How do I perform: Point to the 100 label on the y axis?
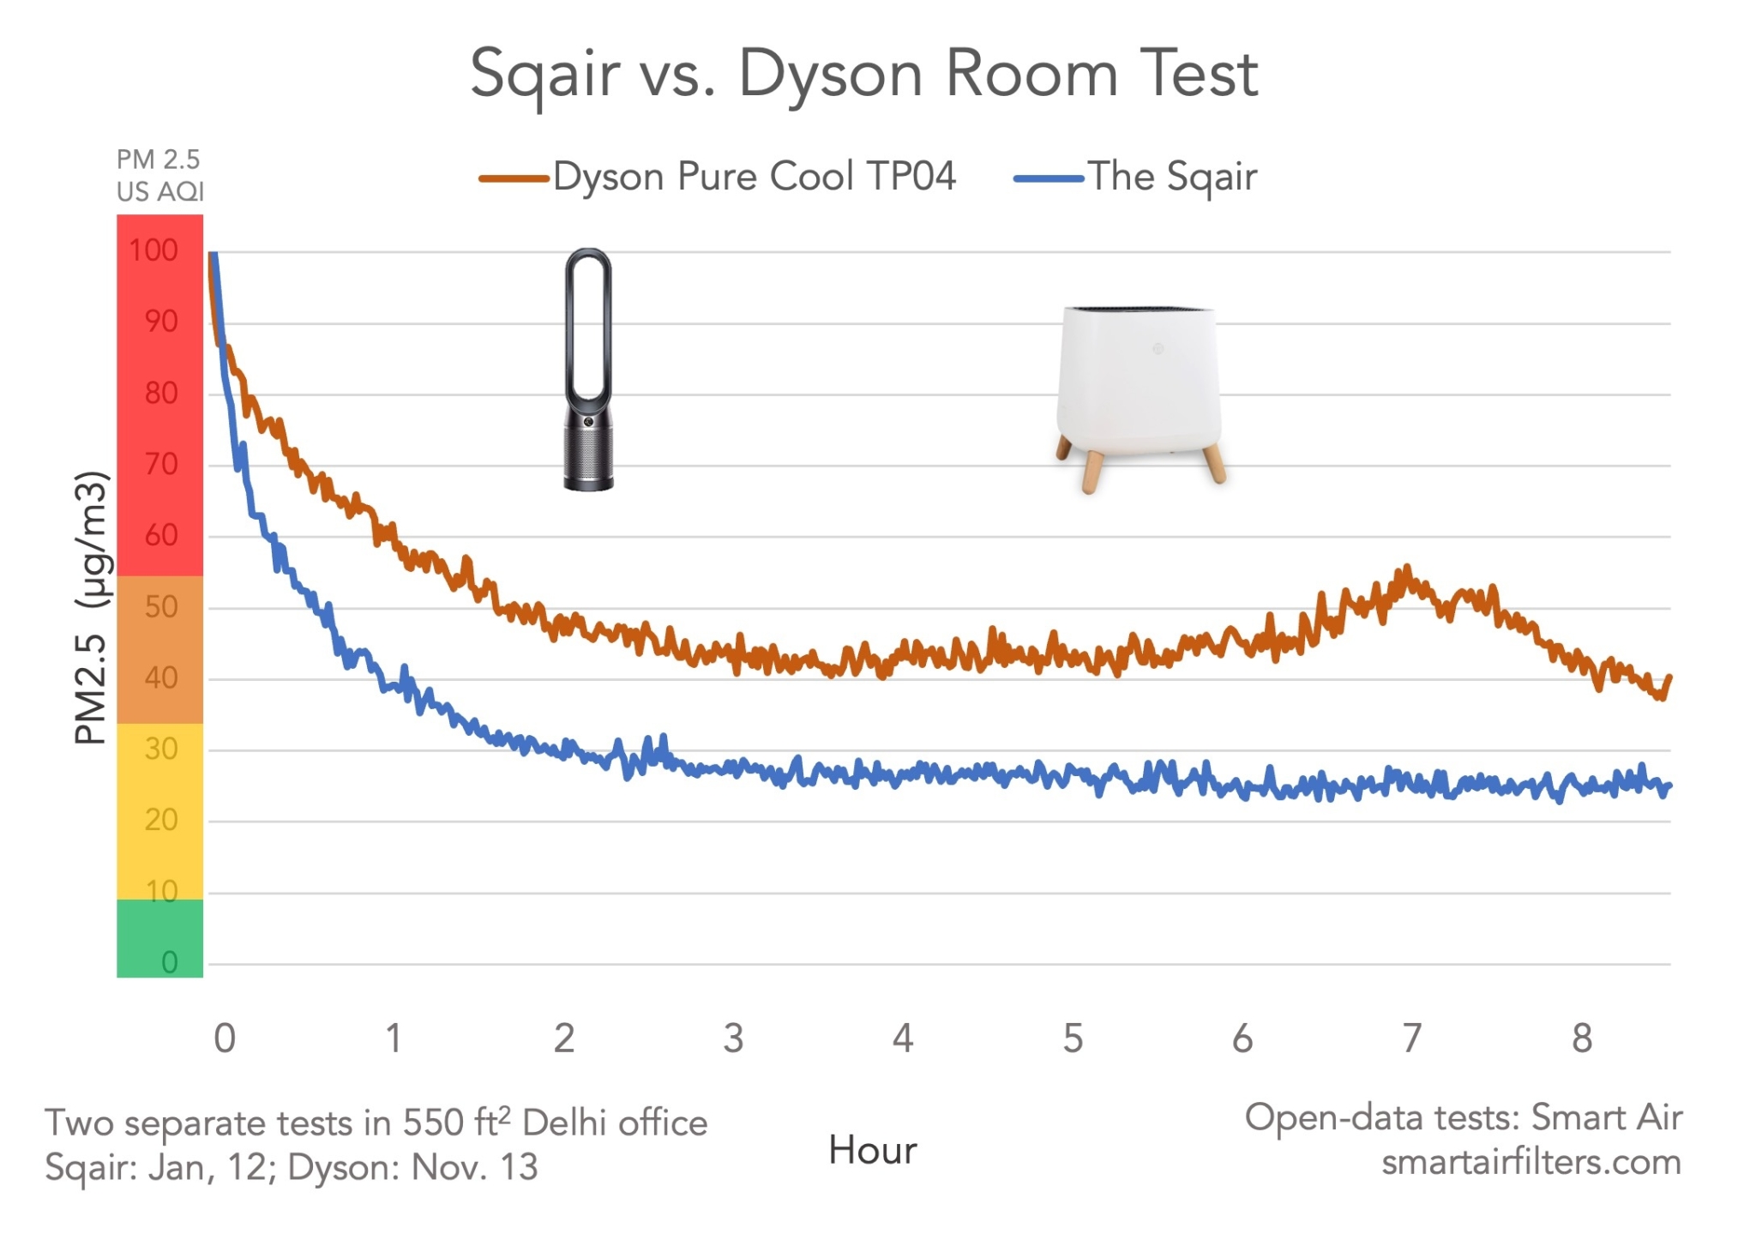153,250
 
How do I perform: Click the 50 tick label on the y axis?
160,607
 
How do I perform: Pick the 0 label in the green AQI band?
169,962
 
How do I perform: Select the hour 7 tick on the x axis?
1411,1038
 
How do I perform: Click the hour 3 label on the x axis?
733,1038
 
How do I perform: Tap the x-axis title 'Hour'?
872,1151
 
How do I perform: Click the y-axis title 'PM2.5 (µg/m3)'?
93,607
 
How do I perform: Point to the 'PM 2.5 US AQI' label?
159,175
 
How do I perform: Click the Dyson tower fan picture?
588,369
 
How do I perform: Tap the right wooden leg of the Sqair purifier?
1213,463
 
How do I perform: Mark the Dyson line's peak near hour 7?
1406,569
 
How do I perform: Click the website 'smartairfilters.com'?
1530,1163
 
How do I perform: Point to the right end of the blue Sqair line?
1669,786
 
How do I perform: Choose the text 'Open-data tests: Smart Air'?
1463,1117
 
